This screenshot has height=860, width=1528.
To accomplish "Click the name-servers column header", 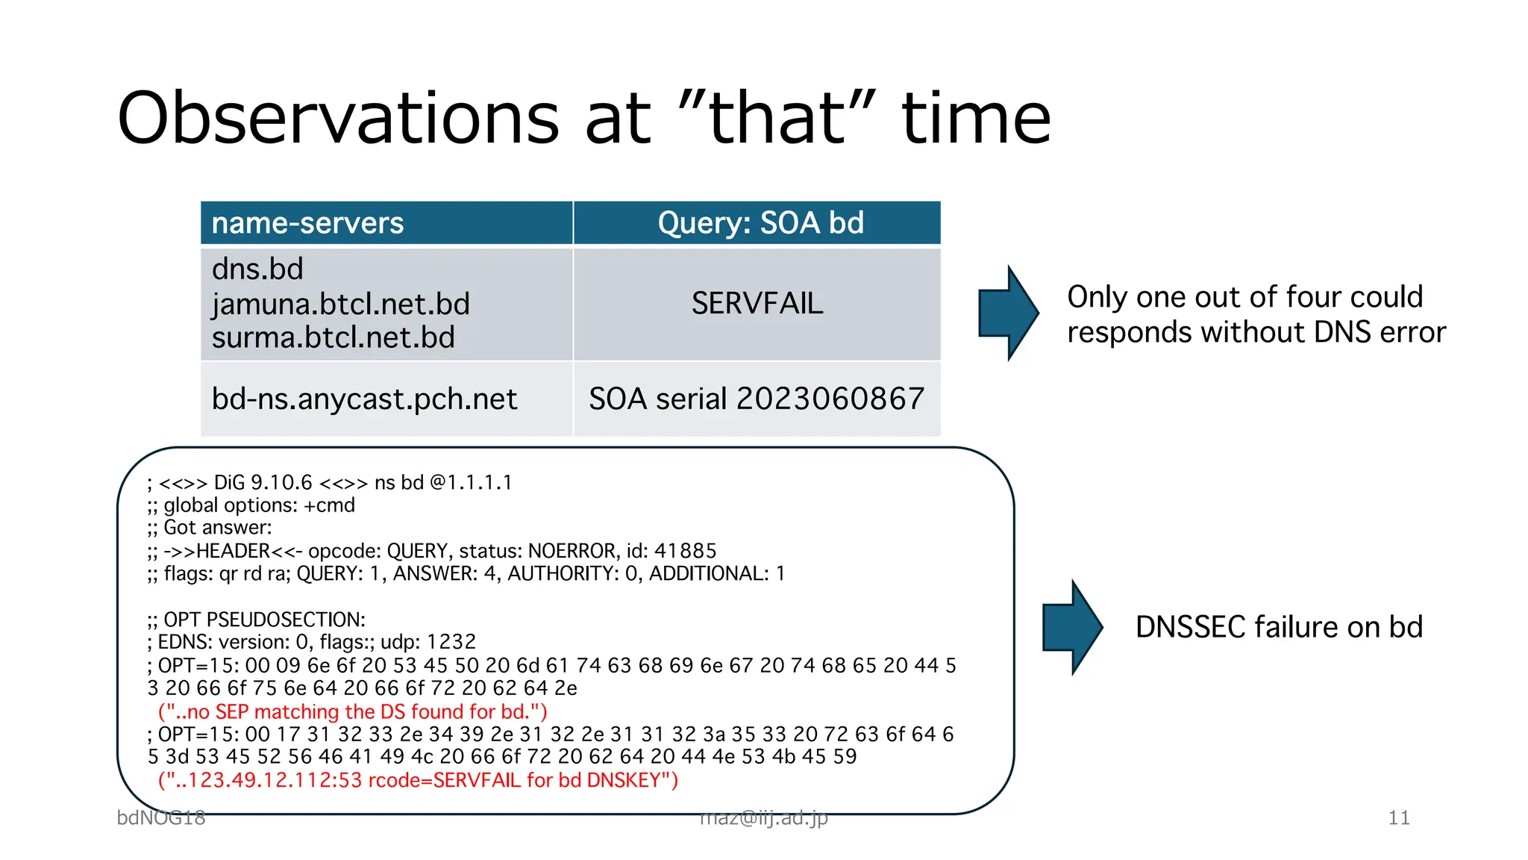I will (x=307, y=223).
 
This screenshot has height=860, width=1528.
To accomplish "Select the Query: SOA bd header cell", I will (x=760, y=223).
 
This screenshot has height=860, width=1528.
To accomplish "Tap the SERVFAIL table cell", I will (x=757, y=303).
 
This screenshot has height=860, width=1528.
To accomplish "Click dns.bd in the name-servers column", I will (x=257, y=269).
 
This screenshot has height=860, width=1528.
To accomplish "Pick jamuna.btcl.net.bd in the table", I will (x=340, y=304).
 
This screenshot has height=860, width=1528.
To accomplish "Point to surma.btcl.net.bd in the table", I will (x=333, y=337).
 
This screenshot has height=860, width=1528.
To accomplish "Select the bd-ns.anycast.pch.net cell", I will (x=364, y=399).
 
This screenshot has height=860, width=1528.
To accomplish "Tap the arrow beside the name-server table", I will (x=1007, y=313).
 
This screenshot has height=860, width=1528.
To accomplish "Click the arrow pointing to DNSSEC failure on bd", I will (x=1071, y=627).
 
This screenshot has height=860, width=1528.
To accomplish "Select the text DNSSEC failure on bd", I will (x=1279, y=627).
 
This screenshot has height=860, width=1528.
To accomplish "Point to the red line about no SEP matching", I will (x=352, y=711).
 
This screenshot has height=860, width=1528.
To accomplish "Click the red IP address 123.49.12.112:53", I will (x=275, y=780).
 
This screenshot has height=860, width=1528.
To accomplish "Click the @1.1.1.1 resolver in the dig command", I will (x=471, y=482).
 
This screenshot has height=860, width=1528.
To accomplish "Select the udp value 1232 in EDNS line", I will (x=451, y=642).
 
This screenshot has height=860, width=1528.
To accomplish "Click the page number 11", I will (x=1398, y=817).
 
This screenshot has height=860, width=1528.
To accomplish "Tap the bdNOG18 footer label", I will (x=160, y=817).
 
